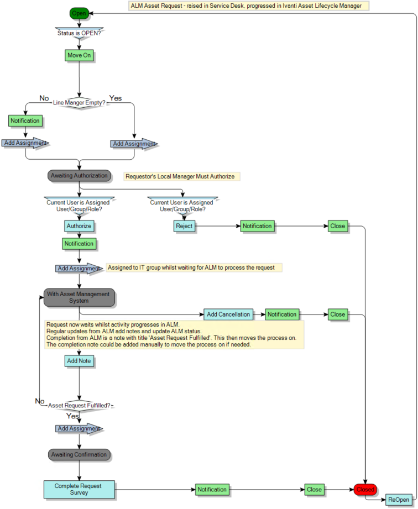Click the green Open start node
pyautogui.click(x=79, y=13)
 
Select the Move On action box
pyautogui.click(x=79, y=55)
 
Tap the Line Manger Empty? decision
pyautogui.click(x=79, y=103)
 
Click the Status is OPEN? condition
pyautogui.click(x=80, y=33)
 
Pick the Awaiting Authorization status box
pyautogui.click(x=79, y=176)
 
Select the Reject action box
pyautogui.click(x=184, y=226)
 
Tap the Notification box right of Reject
pyautogui.click(x=257, y=226)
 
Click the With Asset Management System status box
pyautogui.click(x=79, y=297)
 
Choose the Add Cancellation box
pyautogui.click(x=228, y=314)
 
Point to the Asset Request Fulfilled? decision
pyautogui.click(x=79, y=405)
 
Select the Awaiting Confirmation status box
pyautogui.click(x=79, y=455)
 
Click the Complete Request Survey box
pyautogui.click(x=79, y=489)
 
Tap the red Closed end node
pyautogui.click(x=365, y=489)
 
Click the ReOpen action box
pyautogui.click(x=399, y=500)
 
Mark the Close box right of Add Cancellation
pyautogui.click(x=337, y=314)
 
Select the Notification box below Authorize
pyautogui.click(x=79, y=243)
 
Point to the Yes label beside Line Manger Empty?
pyautogui.click(x=116, y=98)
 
